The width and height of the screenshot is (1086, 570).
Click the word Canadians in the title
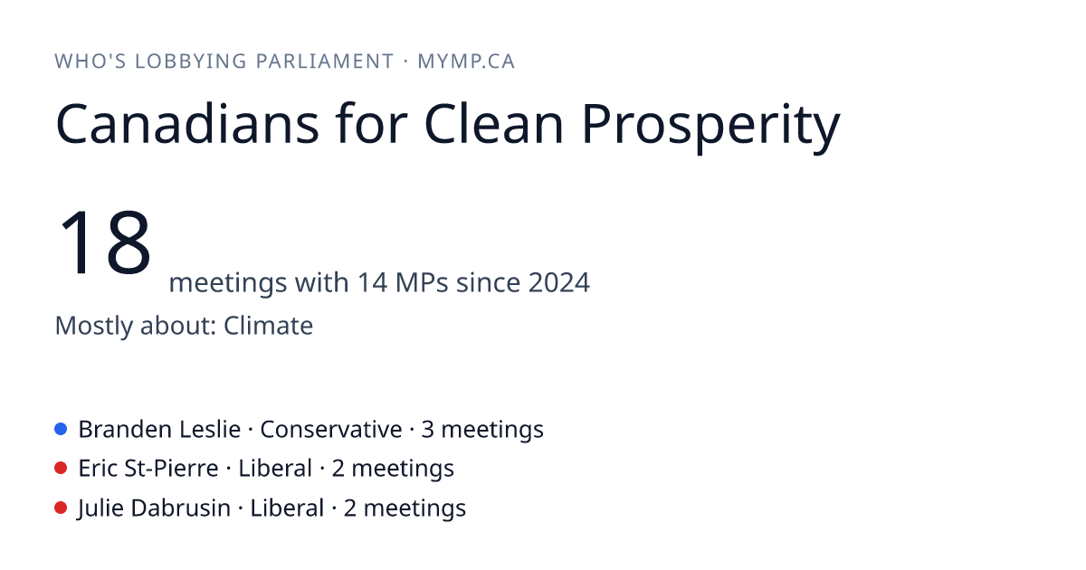click(187, 124)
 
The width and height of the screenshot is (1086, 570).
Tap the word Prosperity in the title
click(710, 128)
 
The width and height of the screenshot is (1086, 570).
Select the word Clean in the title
click(493, 123)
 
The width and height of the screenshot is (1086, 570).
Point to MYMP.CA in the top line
click(466, 62)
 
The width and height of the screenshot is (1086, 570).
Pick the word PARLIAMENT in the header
click(325, 62)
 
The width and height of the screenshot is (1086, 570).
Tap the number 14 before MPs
click(372, 282)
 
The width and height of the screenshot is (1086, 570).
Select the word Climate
click(268, 325)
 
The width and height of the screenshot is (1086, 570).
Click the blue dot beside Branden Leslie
click(61, 429)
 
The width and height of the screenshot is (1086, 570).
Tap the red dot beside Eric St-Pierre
click(61, 469)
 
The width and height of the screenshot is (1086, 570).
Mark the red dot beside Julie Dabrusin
click(61, 508)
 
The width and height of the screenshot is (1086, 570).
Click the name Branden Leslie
click(159, 430)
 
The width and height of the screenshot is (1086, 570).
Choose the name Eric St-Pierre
click(148, 469)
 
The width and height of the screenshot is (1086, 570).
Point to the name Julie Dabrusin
click(154, 508)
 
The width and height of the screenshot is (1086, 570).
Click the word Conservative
click(331, 430)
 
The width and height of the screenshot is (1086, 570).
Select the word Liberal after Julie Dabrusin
click(287, 508)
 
